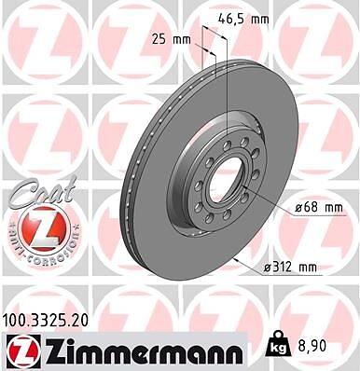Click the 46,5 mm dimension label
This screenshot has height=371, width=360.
[243, 20]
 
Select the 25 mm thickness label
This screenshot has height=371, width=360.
[171, 39]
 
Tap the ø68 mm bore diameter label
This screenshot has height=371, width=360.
[319, 207]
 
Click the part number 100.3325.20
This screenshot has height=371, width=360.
[46, 319]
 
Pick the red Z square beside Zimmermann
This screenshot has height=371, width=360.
[22, 351]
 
